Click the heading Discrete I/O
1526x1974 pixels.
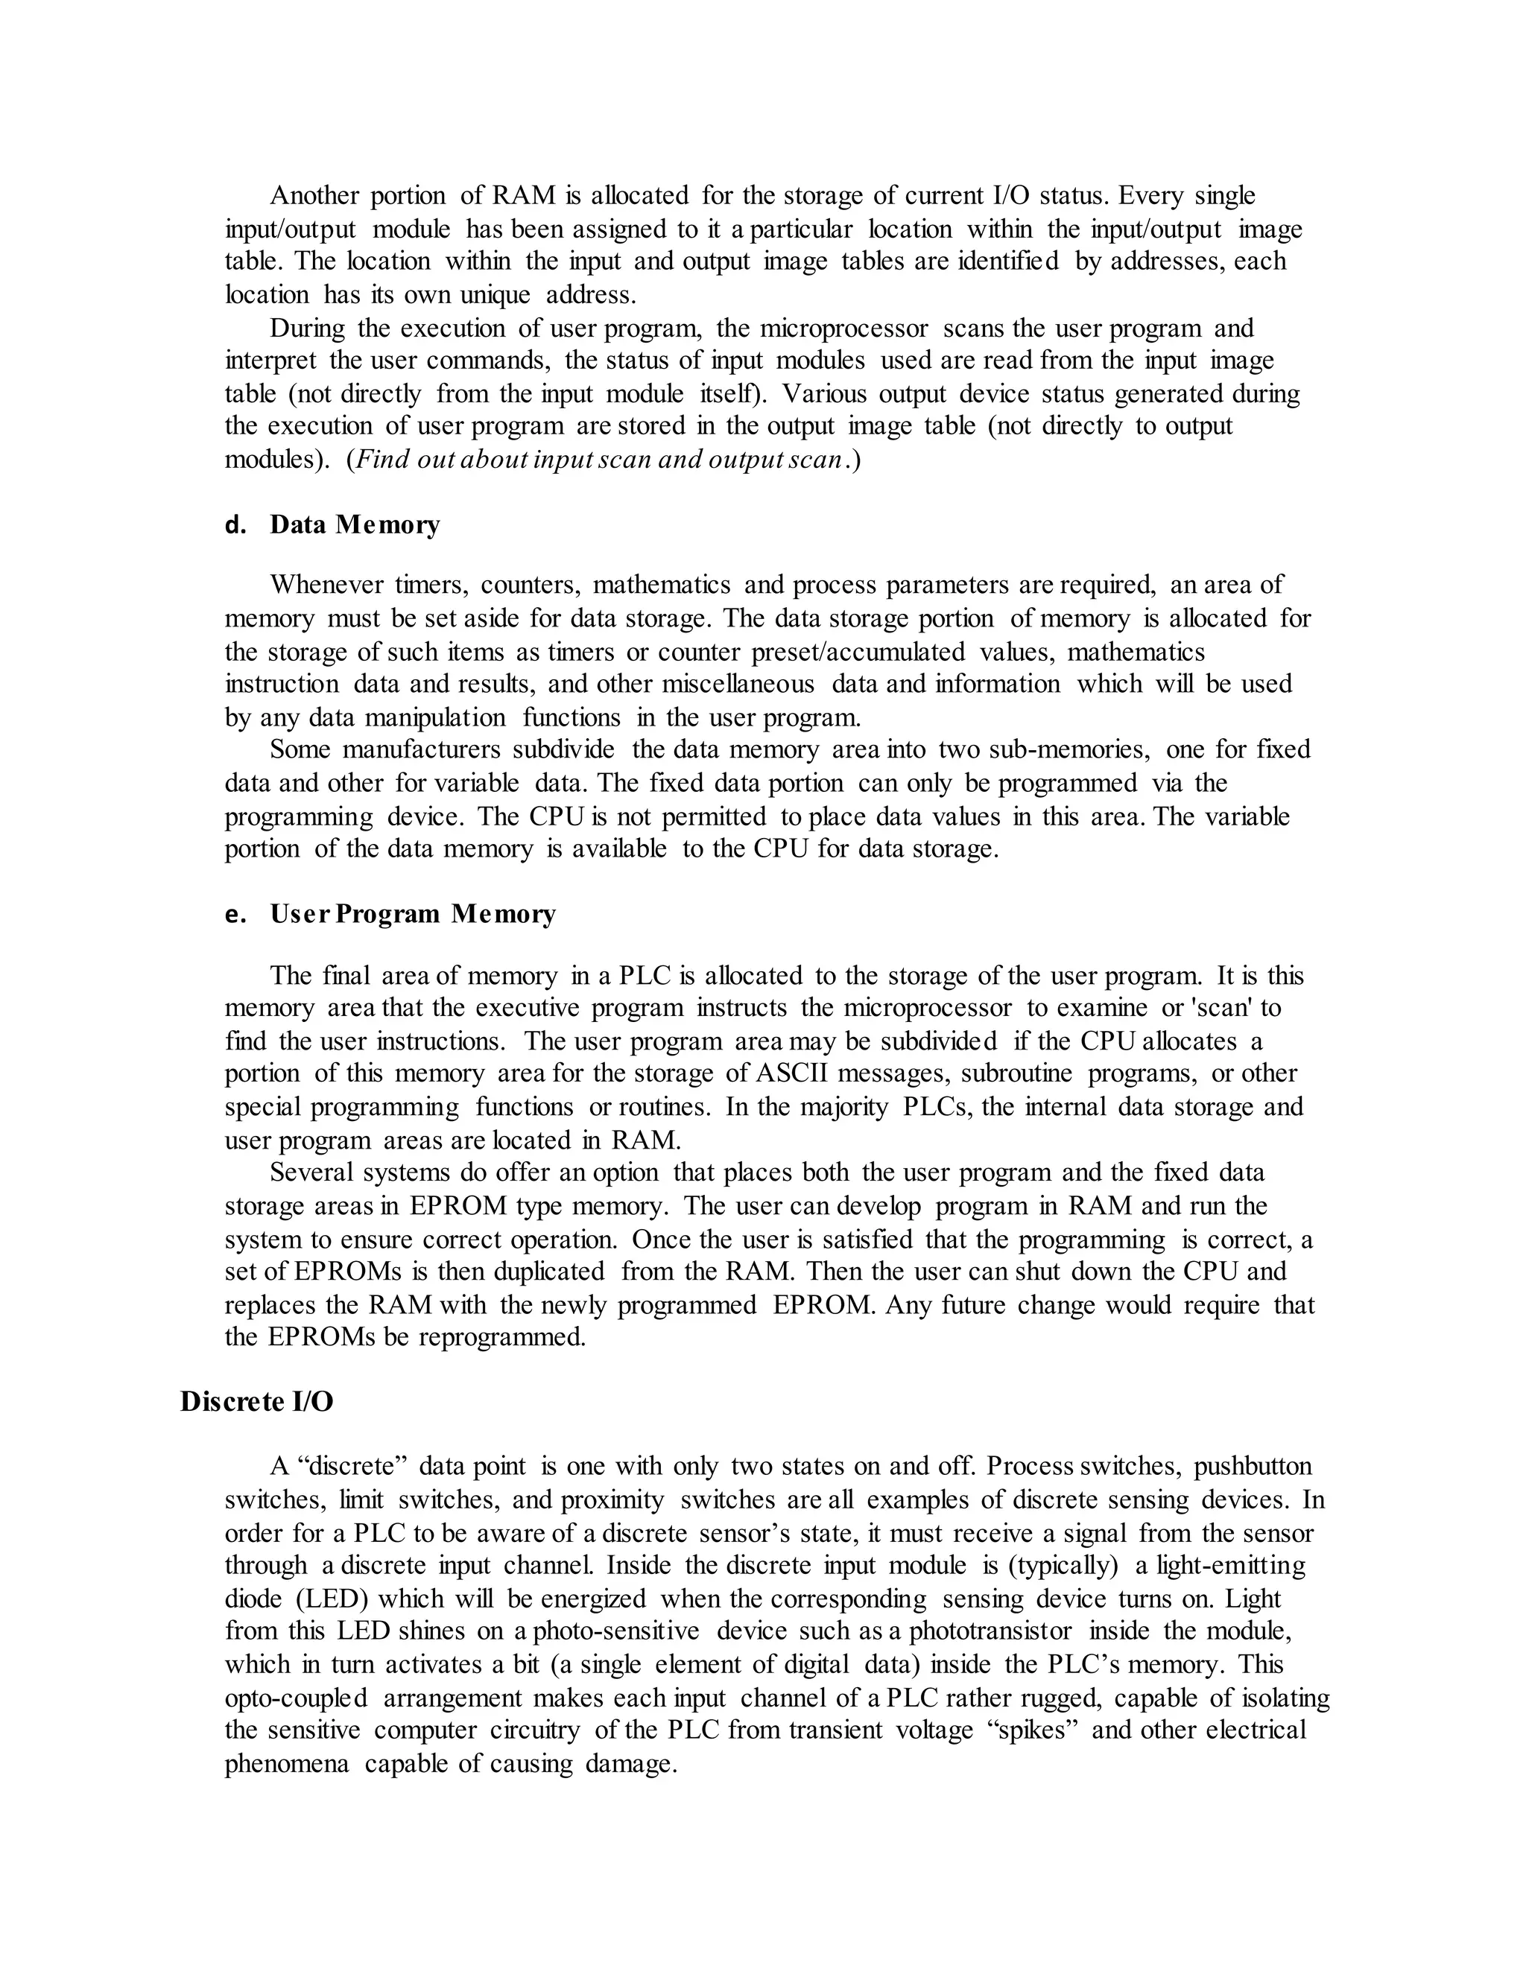coord(257,1402)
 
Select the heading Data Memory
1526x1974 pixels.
coord(355,524)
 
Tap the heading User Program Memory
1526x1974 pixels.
coord(412,914)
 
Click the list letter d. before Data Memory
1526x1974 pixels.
coord(235,524)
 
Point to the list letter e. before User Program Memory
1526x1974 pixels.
coord(235,914)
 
